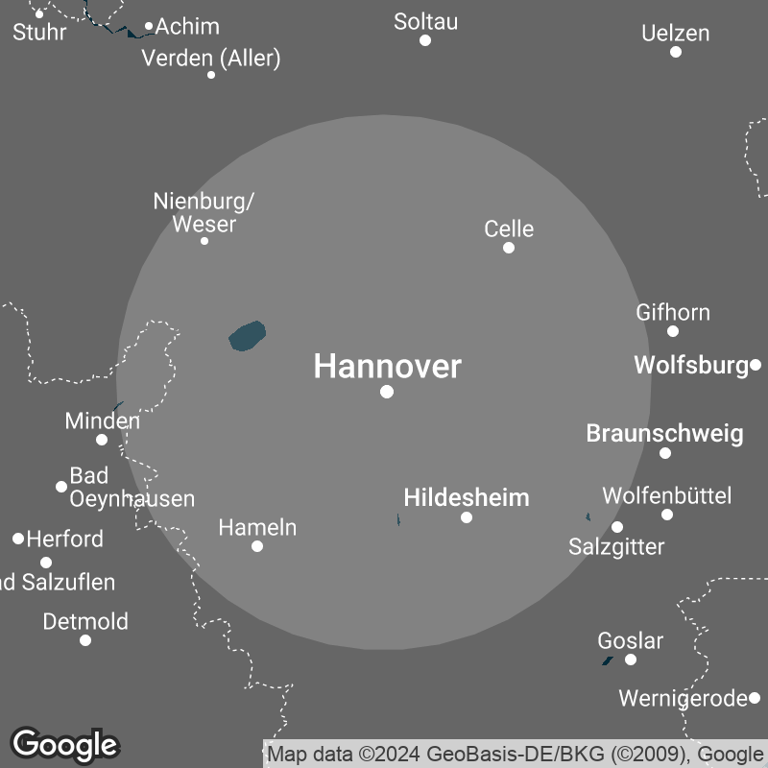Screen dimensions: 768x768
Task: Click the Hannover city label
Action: point(388,366)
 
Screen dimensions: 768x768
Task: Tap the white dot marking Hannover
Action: point(387,392)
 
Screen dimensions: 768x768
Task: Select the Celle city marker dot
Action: point(509,248)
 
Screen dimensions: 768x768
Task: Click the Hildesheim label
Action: point(467,497)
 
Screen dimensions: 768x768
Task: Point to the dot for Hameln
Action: point(257,546)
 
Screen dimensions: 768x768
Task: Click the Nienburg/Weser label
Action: point(204,213)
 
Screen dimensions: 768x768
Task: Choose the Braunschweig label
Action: point(664,433)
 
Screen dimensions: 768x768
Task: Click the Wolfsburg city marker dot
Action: point(756,365)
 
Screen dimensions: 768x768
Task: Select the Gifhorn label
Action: point(673,312)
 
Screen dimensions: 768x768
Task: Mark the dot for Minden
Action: point(102,440)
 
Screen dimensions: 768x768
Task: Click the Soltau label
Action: point(425,21)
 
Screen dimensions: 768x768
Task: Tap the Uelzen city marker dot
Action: point(676,52)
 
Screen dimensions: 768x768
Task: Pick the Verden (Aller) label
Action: point(211,59)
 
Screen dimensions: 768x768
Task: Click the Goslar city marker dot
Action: point(631,660)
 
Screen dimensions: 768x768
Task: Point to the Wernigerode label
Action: point(683,698)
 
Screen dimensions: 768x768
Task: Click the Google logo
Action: point(64,744)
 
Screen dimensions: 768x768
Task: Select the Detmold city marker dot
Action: point(85,640)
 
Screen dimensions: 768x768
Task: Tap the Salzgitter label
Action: point(616,547)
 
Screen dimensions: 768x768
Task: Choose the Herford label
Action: point(64,539)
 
